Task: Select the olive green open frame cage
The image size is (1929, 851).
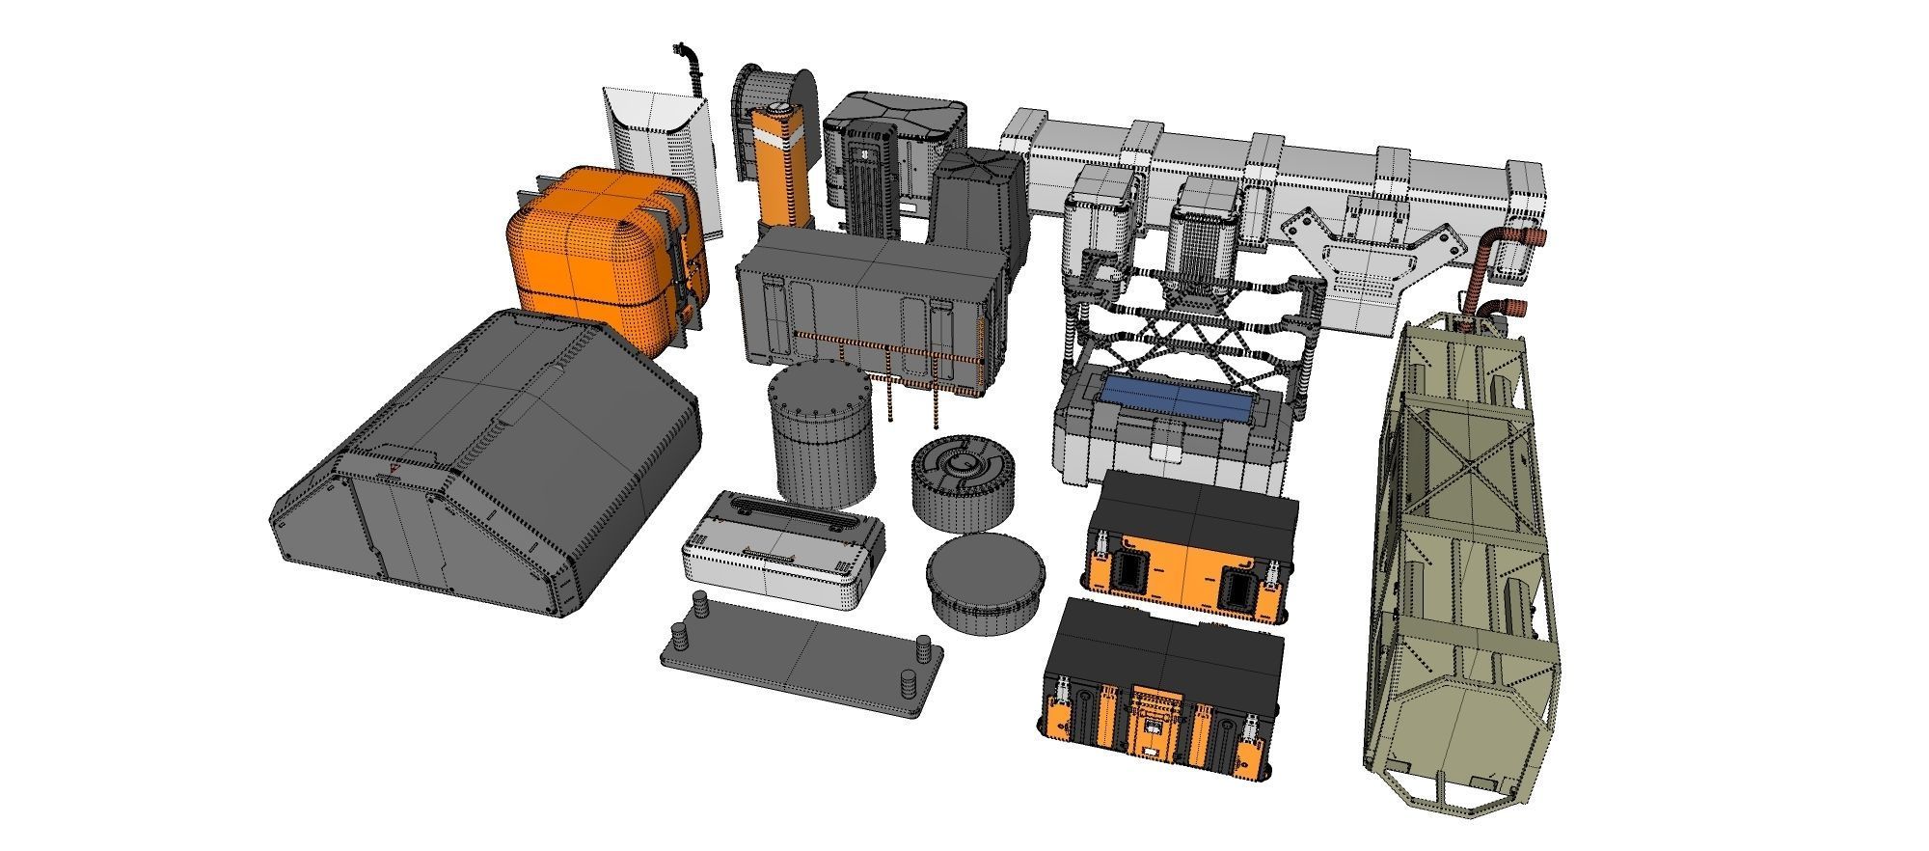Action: point(1461,540)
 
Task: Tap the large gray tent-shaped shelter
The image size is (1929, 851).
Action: point(492,453)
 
